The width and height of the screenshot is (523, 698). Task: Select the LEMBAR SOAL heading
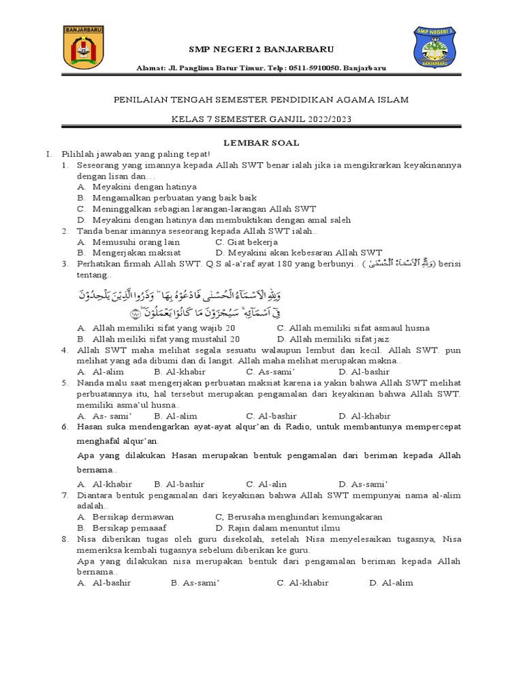261,142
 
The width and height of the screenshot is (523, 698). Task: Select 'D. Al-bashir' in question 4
364,371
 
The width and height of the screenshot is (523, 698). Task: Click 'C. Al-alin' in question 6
267,484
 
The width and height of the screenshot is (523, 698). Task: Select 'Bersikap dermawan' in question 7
125,517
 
